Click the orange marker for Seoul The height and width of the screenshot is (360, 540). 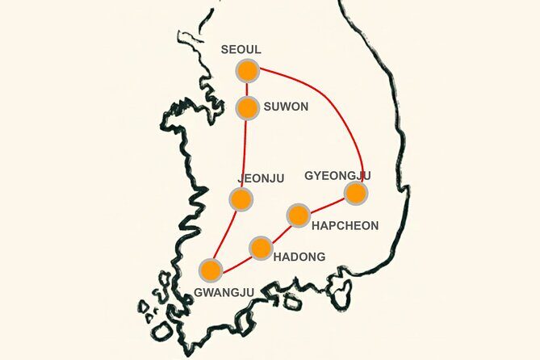point(247,70)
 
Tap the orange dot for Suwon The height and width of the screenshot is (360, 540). point(248,107)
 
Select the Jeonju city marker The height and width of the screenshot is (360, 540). point(240,198)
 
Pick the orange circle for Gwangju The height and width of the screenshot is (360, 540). point(211,270)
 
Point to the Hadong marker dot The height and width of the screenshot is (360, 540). point(260,248)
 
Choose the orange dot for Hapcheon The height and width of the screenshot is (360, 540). point(299,216)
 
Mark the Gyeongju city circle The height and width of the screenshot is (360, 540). point(356,193)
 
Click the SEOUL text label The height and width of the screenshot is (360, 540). point(241,50)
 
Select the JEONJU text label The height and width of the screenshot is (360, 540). point(261,178)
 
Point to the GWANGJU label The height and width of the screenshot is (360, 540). point(224,291)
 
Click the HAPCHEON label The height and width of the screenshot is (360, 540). point(345,226)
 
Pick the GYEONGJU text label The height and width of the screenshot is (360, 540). point(337,174)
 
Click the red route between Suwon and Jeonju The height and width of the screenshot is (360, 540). point(244,153)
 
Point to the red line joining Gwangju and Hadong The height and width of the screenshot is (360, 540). point(235,259)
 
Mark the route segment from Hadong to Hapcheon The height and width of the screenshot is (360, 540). point(279,232)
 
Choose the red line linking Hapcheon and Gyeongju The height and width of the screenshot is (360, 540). point(327,204)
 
